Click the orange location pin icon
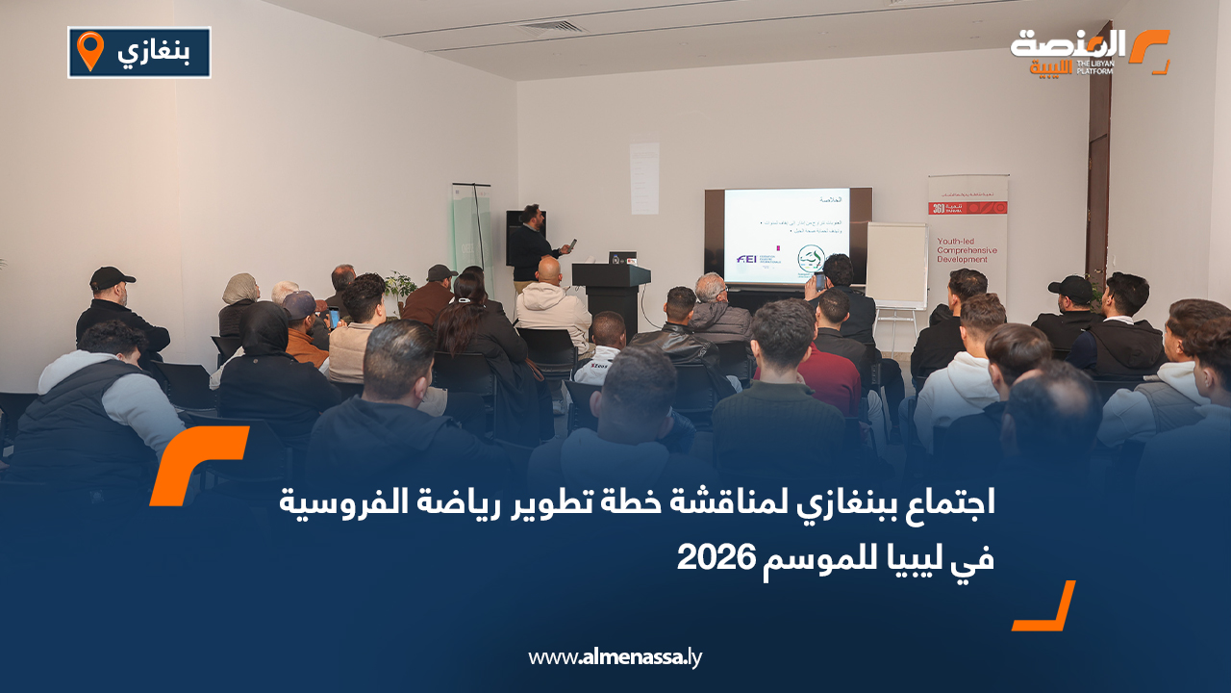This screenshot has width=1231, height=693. point(89,51)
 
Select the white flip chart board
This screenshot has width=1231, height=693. point(895,265)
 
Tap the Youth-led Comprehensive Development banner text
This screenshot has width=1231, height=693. point(967,250)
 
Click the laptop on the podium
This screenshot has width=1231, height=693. point(621,258)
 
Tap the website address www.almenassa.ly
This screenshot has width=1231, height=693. point(615,657)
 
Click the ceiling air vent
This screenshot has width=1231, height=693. point(551,26)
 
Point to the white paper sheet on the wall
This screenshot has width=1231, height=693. point(644,178)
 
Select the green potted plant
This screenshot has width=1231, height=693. point(399,285)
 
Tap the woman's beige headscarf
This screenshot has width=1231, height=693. point(240,288)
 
